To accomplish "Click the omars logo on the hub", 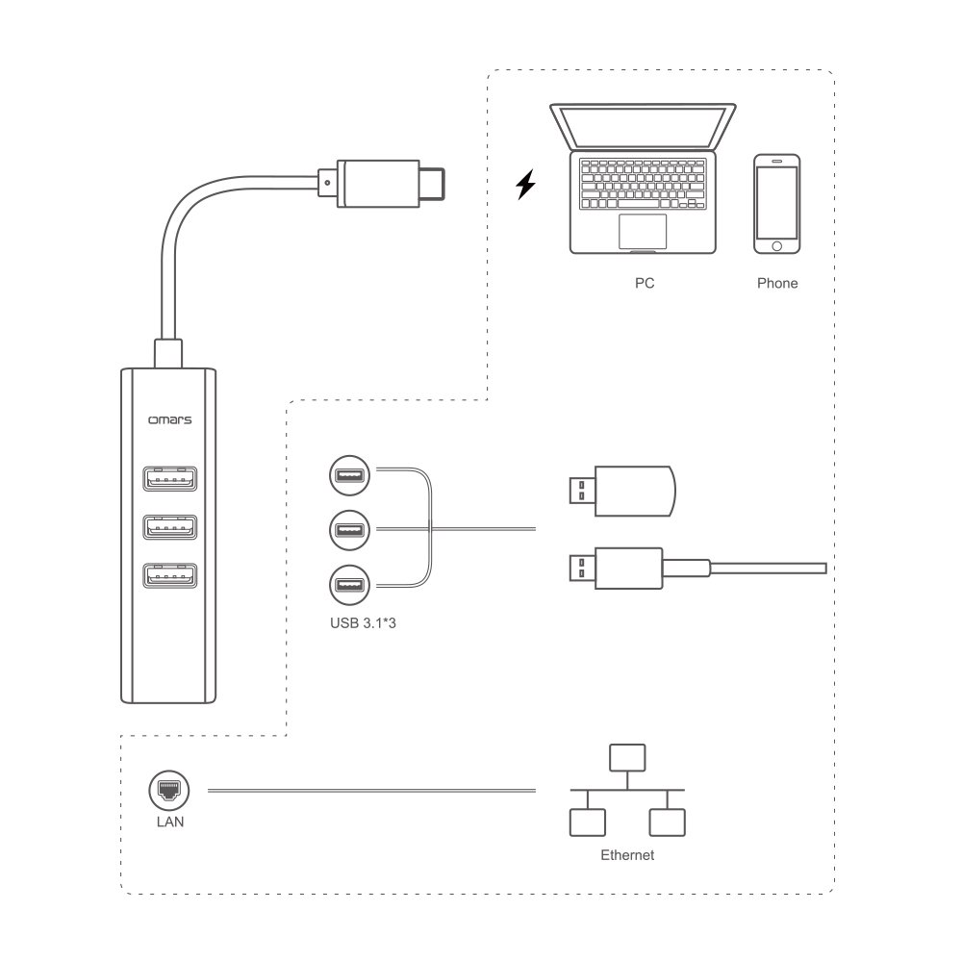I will (169, 419).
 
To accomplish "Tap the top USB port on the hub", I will (169, 477).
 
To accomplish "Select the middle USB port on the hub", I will (169, 526).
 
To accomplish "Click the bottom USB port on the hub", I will (169, 575).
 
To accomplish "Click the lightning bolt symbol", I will (524, 184).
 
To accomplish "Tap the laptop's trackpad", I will (642, 231).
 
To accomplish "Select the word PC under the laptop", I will (644, 285).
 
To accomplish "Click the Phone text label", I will (777, 285).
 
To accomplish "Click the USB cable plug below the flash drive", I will (616, 569).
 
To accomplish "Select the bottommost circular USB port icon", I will (348, 584).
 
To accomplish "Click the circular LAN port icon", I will (169, 791).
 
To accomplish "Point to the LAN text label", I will (169, 823).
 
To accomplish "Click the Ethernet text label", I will (627, 854).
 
